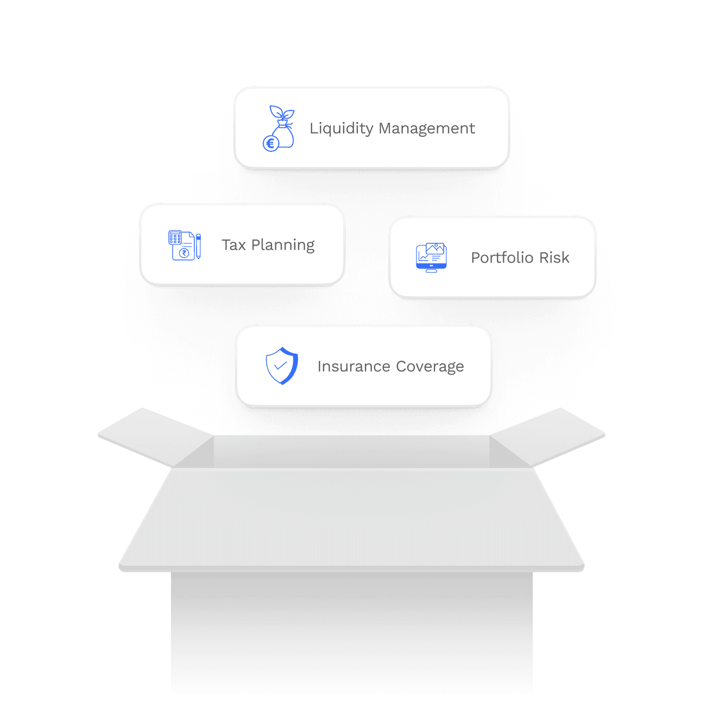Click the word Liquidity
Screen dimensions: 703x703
[x=341, y=129]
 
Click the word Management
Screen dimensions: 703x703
[x=427, y=129]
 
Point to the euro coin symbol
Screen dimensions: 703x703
[x=271, y=143]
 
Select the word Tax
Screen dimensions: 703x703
[x=233, y=245]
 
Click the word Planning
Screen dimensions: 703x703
[x=283, y=246]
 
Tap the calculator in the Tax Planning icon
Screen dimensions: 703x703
[x=175, y=238]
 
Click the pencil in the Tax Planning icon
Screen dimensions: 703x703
[x=198, y=246]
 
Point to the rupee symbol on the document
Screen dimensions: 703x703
[x=184, y=253]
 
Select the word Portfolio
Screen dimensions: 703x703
[x=502, y=258]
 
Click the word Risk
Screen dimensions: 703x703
[x=554, y=258]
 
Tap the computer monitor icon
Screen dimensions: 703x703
[x=431, y=258]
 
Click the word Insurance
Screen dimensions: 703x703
[x=354, y=366]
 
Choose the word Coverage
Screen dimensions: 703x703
[x=430, y=367]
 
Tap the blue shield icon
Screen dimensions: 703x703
[x=282, y=366]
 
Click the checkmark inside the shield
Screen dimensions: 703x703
[x=280, y=366]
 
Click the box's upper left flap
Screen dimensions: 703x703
[x=154, y=437]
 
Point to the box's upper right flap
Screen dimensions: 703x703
[x=549, y=437]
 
